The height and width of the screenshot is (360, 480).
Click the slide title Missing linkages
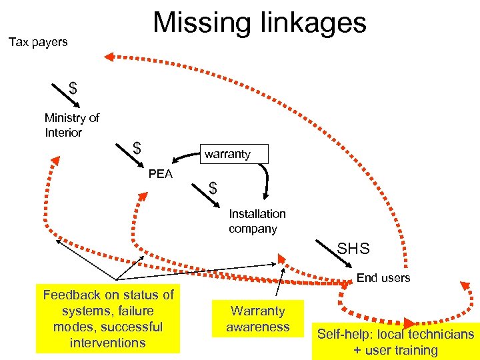(x=259, y=22)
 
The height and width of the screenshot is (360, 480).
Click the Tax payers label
(x=38, y=42)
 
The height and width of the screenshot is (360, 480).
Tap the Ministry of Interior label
(x=72, y=125)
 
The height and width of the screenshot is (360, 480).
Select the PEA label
(x=160, y=174)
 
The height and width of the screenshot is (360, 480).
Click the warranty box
(x=227, y=154)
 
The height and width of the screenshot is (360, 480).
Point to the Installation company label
(x=257, y=221)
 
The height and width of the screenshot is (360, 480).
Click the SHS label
(x=353, y=249)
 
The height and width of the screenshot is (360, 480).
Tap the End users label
(x=383, y=277)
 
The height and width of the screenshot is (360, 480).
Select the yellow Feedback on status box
(x=108, y=319)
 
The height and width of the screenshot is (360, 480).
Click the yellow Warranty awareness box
(x=257, y=318)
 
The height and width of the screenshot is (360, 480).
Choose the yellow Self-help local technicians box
(x=395, y=342)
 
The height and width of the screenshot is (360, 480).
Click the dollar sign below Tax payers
(x=73, y=89)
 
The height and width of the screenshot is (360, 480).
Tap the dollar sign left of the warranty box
(x=137, y=147)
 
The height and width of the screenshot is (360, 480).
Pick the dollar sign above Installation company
(x=213, y=189)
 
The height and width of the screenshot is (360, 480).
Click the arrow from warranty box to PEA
(x=186, y=157)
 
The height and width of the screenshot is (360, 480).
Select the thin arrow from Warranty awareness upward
(x=281, y=283)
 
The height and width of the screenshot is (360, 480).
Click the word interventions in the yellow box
(x=107, y=343)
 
